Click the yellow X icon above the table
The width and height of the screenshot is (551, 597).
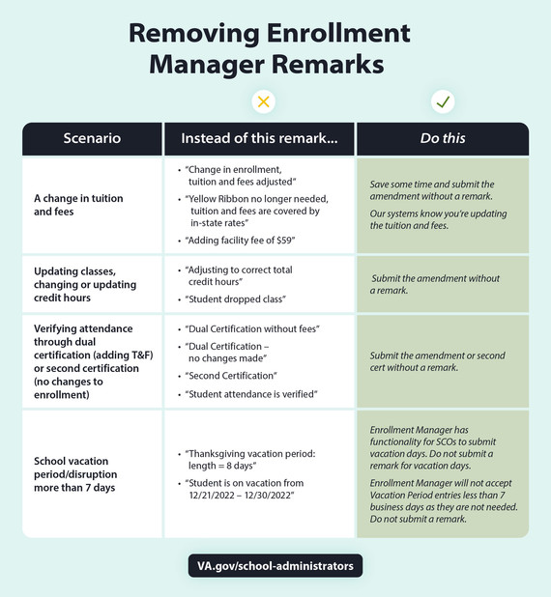click(260, 101)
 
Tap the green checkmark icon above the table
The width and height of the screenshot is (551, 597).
click(444, 101)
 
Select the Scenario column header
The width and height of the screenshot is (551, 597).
click(92, 138)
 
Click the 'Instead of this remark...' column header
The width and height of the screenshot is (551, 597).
click(259, 138)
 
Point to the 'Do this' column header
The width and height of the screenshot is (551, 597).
click(443, 138)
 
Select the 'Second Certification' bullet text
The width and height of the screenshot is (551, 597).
click(235, 375)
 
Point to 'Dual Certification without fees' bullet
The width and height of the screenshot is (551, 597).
click(252, 328)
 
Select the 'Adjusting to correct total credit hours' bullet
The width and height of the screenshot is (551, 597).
click(244, 275)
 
